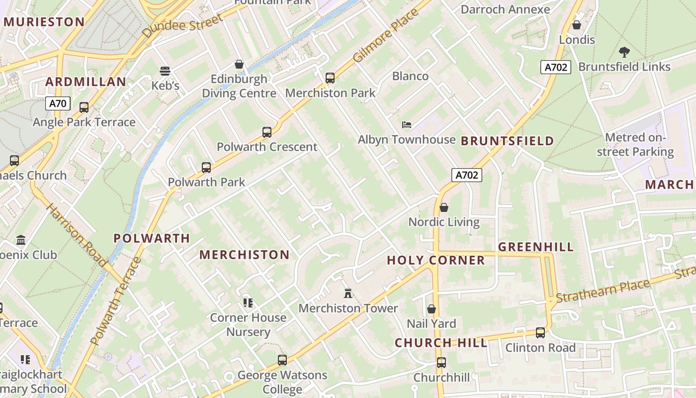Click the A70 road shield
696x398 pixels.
pyautogui.click(x=58, y=103)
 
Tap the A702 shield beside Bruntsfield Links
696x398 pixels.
pyautogui.click(x=555, y=67)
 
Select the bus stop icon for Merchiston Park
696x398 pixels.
pyautogui.click(x=330, y=78)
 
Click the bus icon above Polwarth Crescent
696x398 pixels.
pyautogui.click(x=267, y=132)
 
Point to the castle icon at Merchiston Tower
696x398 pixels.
pyautogui.click(x=348, y=294)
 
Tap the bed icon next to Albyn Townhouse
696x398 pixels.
pyautogui.click(x=407, y=124)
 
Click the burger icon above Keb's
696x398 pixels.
pyautogui.click(x=165, y=71)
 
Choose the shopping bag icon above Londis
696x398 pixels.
pyautogui.click(x=577, y=25)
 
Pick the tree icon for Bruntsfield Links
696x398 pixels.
pyautogui.click(x=624, y=52)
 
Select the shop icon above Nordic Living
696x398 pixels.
pyautogui.click(x=444, y=207)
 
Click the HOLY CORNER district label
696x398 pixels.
pyautogui.click(x=435, y=260)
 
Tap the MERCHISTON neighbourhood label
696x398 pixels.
pyautogui.click(x=244, y=255)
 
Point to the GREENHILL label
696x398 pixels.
pyautogui.click(x=536, y=247)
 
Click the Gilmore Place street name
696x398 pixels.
pyautogui.click(x=386, y=36)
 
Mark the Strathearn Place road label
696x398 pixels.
pyautogui.click(x=603, y=291)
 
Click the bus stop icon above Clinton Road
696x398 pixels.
pyautogui.click(x=540, y=333)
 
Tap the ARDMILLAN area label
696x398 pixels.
pyautogui.click(x=86, y=82)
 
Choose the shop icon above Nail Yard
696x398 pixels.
pyautogui.click(x=431, y=309)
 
